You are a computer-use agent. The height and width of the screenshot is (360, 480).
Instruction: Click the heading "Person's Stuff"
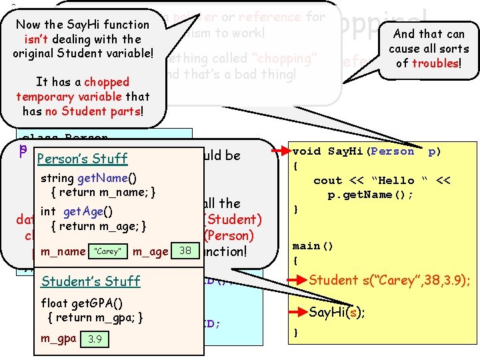(x=83, y=159)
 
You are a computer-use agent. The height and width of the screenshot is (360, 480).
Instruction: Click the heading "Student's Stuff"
(x=91, y=281)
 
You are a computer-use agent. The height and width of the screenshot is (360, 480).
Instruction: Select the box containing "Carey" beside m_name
(x=107, y=251)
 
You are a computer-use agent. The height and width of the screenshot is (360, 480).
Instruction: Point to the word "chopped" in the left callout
(x=107, y=82)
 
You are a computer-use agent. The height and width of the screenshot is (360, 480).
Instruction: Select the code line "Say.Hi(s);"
(x=336, y=312)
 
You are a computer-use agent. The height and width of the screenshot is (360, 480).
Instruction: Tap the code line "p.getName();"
(x=370, y=195)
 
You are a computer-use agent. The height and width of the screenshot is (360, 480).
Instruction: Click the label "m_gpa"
(x=56, y=338)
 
